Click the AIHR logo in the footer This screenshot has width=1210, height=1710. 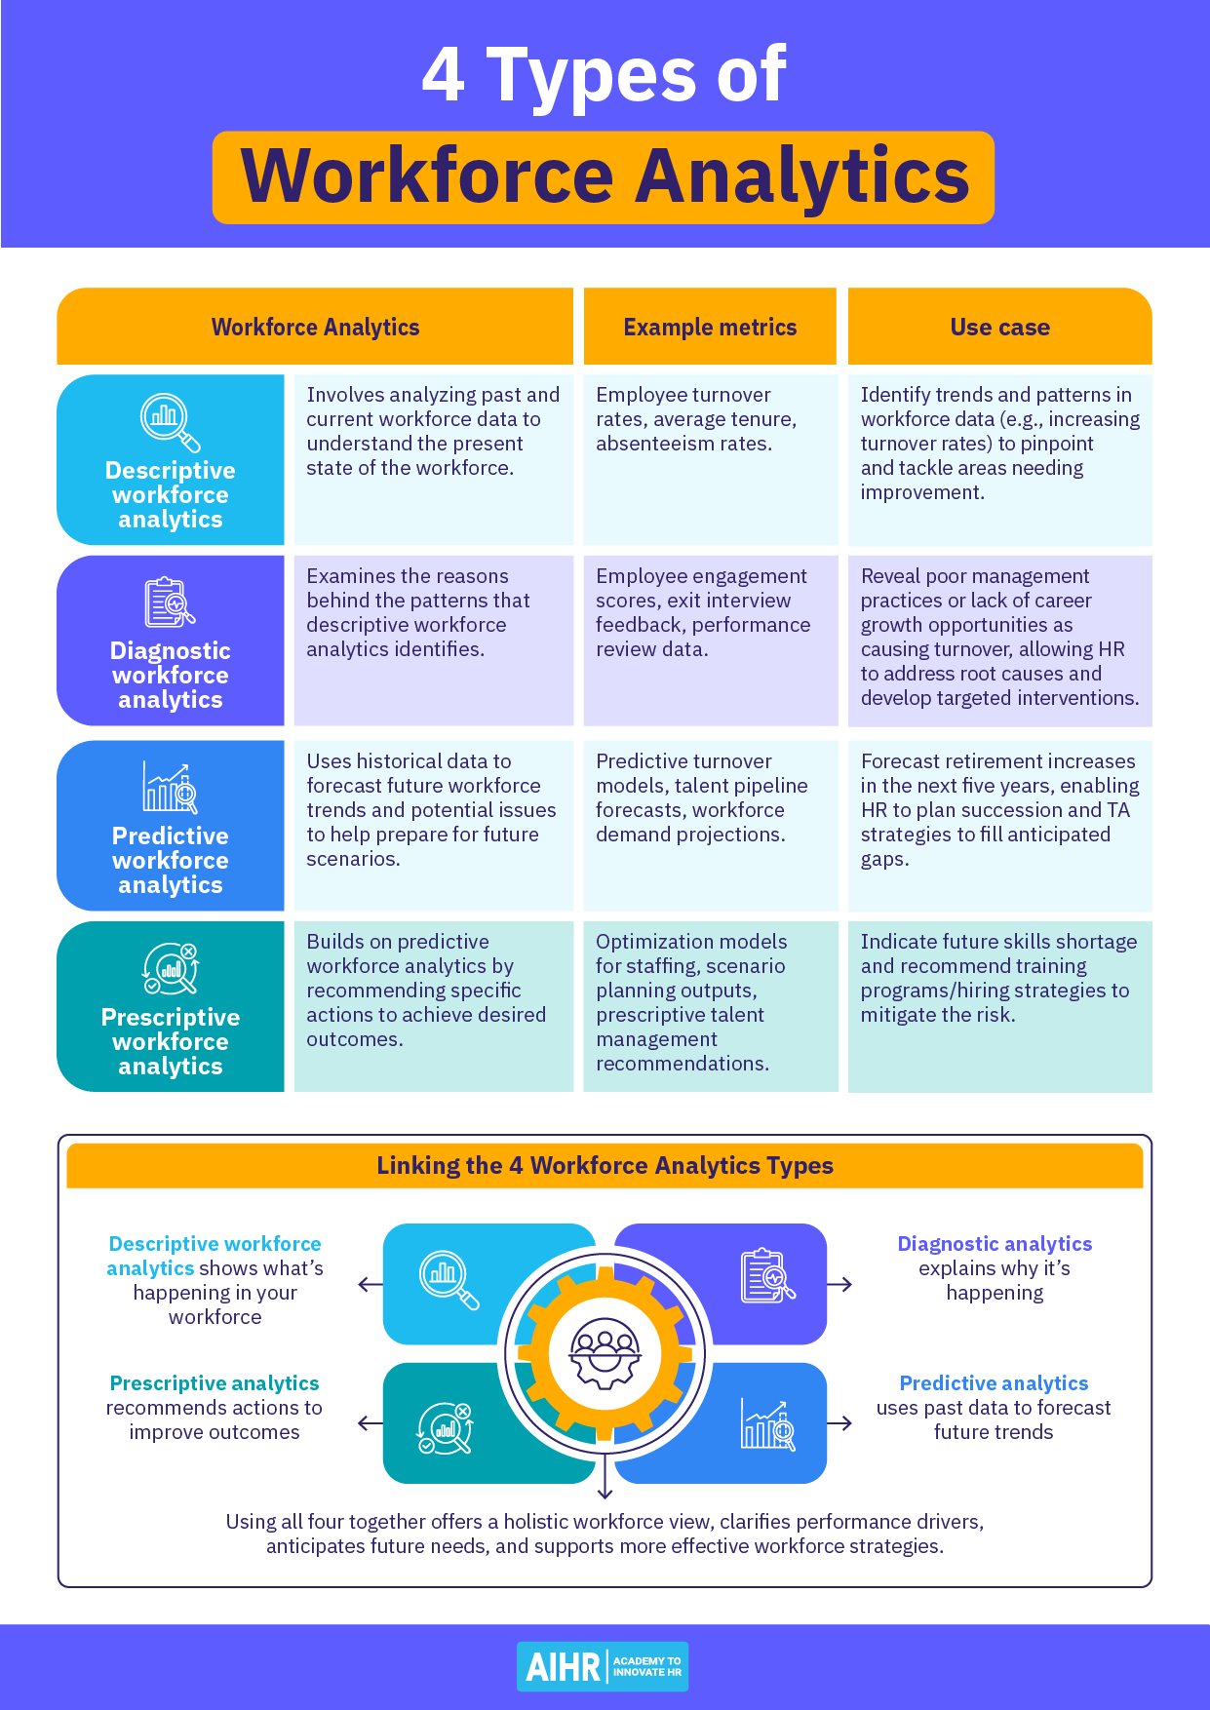[603, 1666]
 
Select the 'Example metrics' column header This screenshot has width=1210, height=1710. [710, 328]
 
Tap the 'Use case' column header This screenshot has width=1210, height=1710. [999, 328]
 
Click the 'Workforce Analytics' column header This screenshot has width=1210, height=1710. [315, 328]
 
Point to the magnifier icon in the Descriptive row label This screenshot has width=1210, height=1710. [171, 422]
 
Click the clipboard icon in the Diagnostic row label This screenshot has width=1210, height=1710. [171, 602]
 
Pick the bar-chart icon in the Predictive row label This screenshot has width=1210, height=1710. [171, 787]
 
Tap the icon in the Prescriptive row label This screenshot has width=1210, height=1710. [171, 968]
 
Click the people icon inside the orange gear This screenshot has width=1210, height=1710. [605, 1353]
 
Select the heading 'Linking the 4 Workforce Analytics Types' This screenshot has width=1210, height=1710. [605, 1166]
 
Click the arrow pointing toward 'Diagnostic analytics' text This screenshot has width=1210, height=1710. [839, 1285]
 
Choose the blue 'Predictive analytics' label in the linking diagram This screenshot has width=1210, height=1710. [994, 1383]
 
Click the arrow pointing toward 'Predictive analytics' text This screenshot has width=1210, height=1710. [839, 1423]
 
